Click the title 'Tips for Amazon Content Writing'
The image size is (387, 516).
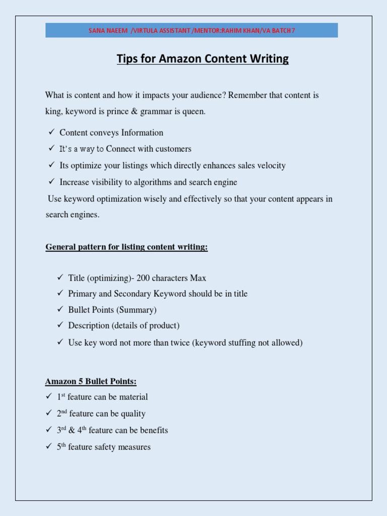pos(203,59)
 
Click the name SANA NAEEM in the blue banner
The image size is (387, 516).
pos(108,31)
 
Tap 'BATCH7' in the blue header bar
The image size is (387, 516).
pos(283,31)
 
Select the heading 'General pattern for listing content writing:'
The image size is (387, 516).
pos(126,247)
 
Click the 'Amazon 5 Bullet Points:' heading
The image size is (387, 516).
pos(91,381)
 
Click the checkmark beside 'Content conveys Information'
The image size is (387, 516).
pos(51,133)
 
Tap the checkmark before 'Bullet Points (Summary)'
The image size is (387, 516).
pos(59,309)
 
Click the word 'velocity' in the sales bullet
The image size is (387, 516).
pos(271,166)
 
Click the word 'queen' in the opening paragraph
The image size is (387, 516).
pos(193,111)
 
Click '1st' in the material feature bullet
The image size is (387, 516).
pos(61,397)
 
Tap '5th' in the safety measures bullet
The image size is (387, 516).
pos(61,447)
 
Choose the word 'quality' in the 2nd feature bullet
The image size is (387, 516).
pos(133,414)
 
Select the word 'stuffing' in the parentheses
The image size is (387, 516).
pos(242,343)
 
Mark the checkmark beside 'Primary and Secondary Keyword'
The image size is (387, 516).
pos(59,293)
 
